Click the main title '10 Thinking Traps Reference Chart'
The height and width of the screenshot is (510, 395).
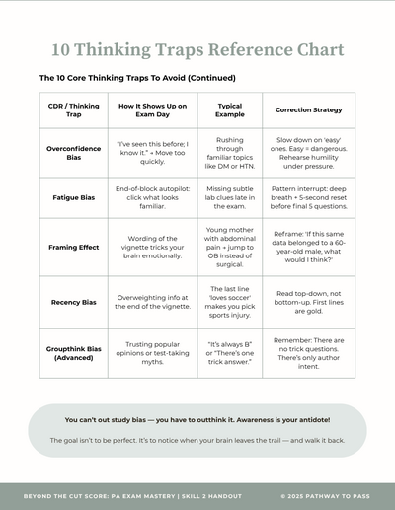[197, 49]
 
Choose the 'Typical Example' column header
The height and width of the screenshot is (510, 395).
[228, 109]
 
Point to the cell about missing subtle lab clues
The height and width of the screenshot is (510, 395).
[228, 197]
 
